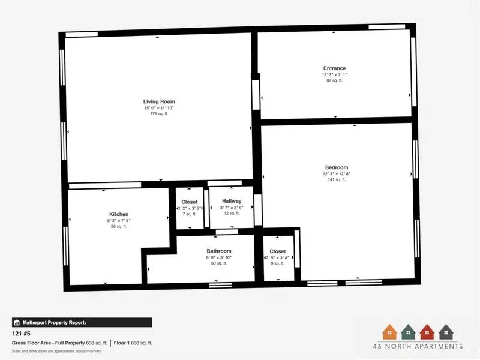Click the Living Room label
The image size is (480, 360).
(x=159, y=101)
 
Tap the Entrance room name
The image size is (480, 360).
(x=335, y=68)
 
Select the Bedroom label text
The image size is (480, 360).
(x=336, y=167)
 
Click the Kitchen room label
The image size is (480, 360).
(x=119, y=214)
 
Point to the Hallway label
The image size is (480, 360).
(x=232, y=201)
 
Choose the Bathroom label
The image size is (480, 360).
(x=219, y=251)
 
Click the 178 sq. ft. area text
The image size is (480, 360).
(x=159, y=113)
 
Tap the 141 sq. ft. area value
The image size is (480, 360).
(x=336, y=179)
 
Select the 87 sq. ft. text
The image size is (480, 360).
(x=335, y=80)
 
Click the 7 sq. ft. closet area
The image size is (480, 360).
(x=190, y=214)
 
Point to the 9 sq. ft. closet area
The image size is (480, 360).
(x=278, y=263)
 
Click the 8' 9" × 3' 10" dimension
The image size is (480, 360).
(x=219, y=257)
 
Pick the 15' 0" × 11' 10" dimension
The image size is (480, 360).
(x=159, y=108)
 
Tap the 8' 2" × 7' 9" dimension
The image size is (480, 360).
(x=119, y=220)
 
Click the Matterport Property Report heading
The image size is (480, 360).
(x=54, y=322)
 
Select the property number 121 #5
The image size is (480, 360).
(x=22, y=332)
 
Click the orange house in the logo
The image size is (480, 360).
(x=389, y=331)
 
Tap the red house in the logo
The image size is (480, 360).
(x=427, y=331)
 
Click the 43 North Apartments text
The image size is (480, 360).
(x=418, y=346)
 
